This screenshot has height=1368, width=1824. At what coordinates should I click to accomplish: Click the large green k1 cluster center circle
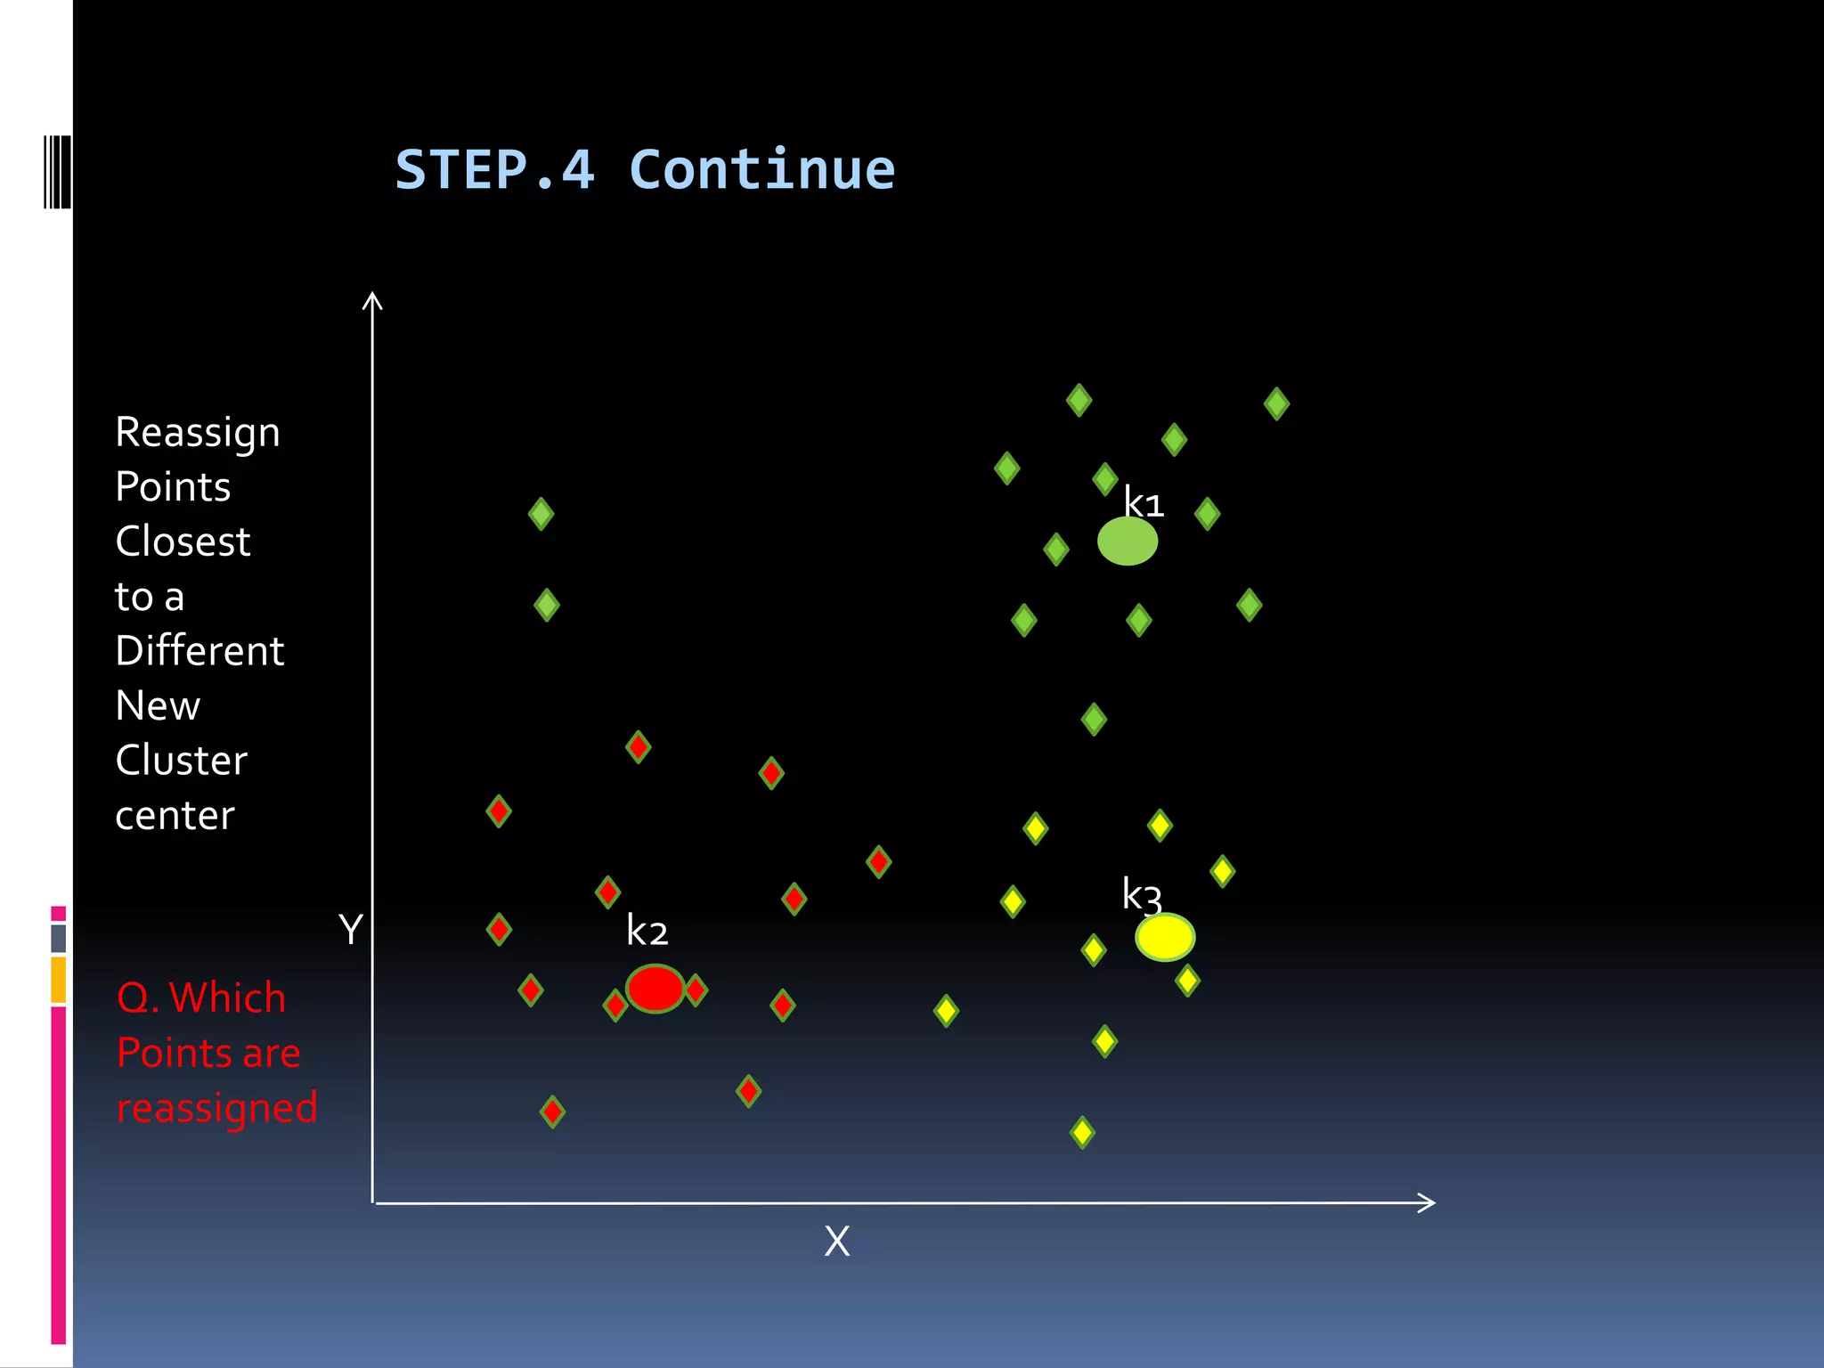click(x=1127, y=541)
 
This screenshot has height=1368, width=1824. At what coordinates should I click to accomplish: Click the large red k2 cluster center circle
click(x=655, y=989)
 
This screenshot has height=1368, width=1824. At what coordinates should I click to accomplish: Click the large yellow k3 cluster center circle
click(x=1165, y=937)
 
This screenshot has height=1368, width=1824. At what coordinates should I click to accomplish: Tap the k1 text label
click(x=1143, y=503)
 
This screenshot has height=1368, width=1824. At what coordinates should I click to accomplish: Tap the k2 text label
click(x=647, y=931)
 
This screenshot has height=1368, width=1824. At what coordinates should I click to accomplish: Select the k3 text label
click(x=1141, y=894)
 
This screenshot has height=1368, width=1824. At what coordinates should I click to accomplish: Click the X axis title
click(x=836, y=1241)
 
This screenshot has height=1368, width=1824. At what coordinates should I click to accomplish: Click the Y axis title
click(x=351, y=930)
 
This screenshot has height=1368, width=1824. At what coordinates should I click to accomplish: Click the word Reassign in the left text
click(x=198, y=433)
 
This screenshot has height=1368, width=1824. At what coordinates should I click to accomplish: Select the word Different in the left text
click(x=199, y=651)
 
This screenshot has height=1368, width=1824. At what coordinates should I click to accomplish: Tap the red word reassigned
click(x=216, y=1109)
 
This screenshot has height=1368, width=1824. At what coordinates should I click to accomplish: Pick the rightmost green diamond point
click(x=1276, y=403)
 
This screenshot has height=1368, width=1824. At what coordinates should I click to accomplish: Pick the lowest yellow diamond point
click(x=1082, y=1132)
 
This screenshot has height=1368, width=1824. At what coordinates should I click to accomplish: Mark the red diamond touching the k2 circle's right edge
click(x=696, y=989)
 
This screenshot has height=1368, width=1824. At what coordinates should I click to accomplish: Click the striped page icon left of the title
click(x=57, y=171)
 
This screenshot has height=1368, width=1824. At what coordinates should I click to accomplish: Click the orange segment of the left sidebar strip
click(x=58, y=980)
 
